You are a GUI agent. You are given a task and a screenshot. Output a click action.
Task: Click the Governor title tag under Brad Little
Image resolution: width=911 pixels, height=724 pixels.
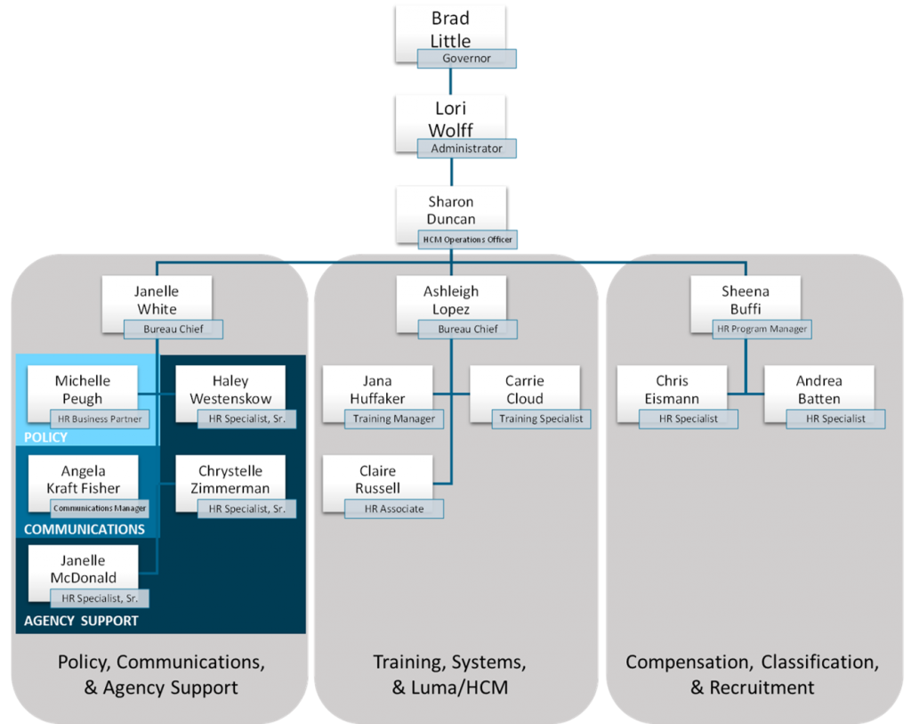click(x=467, y=59)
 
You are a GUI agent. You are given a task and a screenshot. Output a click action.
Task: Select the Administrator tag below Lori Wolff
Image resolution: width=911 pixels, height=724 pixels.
click(x=467, y=149)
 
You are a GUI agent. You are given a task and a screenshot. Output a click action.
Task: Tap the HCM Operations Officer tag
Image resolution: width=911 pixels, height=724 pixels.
click(x=467, y=239)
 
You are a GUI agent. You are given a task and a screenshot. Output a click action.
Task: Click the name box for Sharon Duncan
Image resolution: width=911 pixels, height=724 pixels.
click(x=451, y=210)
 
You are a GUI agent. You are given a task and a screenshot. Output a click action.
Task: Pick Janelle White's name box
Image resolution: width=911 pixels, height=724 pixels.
click(x=157, y=300)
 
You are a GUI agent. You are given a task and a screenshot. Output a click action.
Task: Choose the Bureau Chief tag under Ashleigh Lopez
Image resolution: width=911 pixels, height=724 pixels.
click(x=468, y=329)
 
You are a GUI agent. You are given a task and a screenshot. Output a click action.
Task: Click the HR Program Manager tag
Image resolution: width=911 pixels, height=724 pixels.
click(x=762, y=329)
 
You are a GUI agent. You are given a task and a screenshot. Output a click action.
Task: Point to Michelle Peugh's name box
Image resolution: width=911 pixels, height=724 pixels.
click(x=83, y=390)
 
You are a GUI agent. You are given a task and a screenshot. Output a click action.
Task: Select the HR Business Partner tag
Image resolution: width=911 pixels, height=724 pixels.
click(x=100, y=419)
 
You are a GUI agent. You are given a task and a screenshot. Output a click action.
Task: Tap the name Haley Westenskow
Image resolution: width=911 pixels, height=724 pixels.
click(x=230, y=390)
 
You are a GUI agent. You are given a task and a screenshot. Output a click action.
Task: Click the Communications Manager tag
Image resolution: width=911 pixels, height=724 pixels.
click(x=100, y=508)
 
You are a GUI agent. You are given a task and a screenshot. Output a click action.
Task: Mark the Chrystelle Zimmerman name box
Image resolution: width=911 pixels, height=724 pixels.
click(x=230, y=480)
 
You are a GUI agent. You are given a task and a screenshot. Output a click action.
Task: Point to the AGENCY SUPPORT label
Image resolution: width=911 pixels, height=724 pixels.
click(x=81, y=620)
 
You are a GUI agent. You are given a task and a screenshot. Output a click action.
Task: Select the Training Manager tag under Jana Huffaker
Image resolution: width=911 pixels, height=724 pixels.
click(x=394, y=419)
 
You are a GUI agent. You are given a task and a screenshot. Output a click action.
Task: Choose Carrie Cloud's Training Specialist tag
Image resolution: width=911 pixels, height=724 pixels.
click(x=541, y=419)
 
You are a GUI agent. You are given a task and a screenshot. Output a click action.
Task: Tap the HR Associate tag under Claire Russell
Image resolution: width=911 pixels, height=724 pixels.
click(x=394, y=508)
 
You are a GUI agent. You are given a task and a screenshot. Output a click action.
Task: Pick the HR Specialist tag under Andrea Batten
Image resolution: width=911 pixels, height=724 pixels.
click(x=836, y=419)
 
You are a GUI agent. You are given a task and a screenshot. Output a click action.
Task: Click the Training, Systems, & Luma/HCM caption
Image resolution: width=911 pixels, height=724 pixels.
click(x=450, y=674)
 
